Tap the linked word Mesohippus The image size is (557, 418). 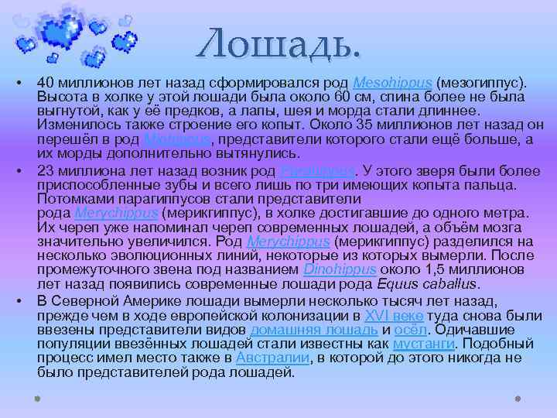[393, 83]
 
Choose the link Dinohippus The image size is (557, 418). [340, 269]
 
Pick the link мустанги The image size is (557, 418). [423, 344]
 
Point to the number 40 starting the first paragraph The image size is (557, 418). [45, 83]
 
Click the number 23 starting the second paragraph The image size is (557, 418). [45, 171]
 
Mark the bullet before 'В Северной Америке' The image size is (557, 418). [16, 302]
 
